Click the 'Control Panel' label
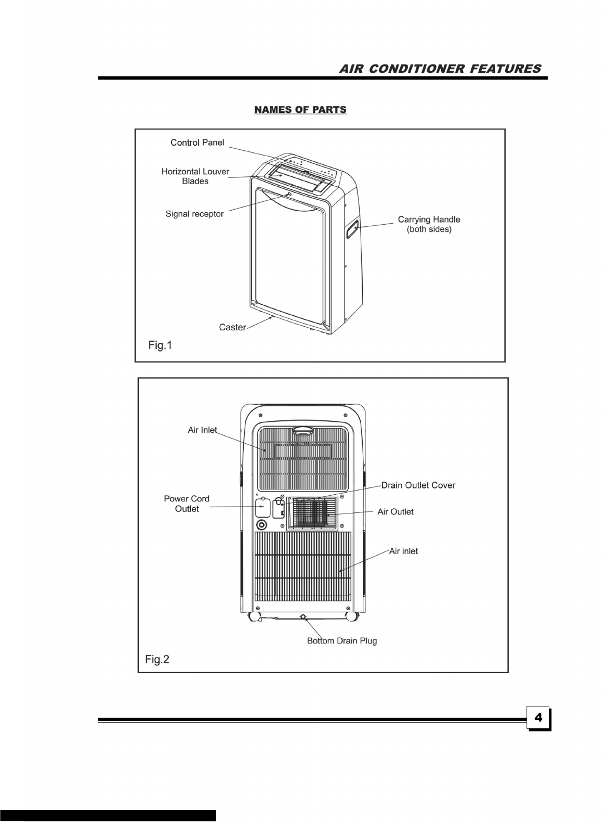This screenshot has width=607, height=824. pyautogui.click(x=197, y=143)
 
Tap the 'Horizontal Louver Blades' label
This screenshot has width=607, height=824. pyautogui.click(x=195, y=176)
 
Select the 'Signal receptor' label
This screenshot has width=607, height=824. pyautogui.click(x=194, y=214)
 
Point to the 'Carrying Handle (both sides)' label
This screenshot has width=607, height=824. pyautogui.click(x=429, y=224)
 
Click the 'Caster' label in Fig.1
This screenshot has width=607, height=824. pyautogui.click(x=232, y=327)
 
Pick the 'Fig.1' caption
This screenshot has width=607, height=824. pyautogui.click(x=160, y=345)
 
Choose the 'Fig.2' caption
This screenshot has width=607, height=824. pyautogui.click(x=157, y=660)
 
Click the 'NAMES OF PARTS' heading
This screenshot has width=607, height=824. pyautogui.click(x=300, y=110)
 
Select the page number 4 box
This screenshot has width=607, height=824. pyautogui.click(x=538, y=718)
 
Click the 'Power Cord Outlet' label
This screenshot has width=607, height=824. pyautogui.click(x=187, y=504)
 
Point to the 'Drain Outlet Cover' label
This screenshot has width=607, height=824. pyautogui.click(x=418, y=485)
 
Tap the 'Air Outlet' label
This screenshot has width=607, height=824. pyautogui.click(x=395, y=512)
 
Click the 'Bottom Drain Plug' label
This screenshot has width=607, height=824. pyautogui.click(x=341, y=640)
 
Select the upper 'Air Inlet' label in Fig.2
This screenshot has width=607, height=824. pyautogui.click(x=202, y=430)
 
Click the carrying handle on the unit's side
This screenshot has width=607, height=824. pyautogui.click(x=353, y=229)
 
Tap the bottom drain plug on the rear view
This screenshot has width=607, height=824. pyautogui.click(x=303, y=617)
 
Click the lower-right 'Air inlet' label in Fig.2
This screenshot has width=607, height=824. pyautogui.click(x=403, y=551)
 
